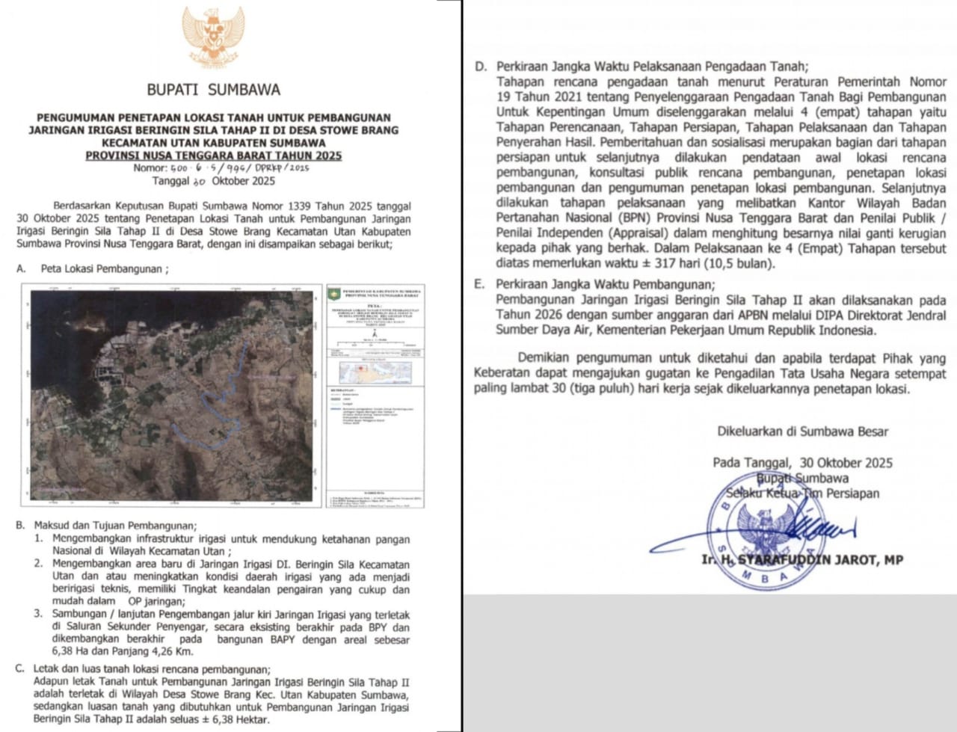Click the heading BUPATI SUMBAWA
[x=213, y=90]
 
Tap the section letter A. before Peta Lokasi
[x=22, y=268]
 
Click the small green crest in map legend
[x=333, y=294]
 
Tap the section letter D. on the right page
[x=480, y=67]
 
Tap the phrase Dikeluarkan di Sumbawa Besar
[x=802, y=431]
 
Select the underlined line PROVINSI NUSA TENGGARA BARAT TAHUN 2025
[x=213, y=156]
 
